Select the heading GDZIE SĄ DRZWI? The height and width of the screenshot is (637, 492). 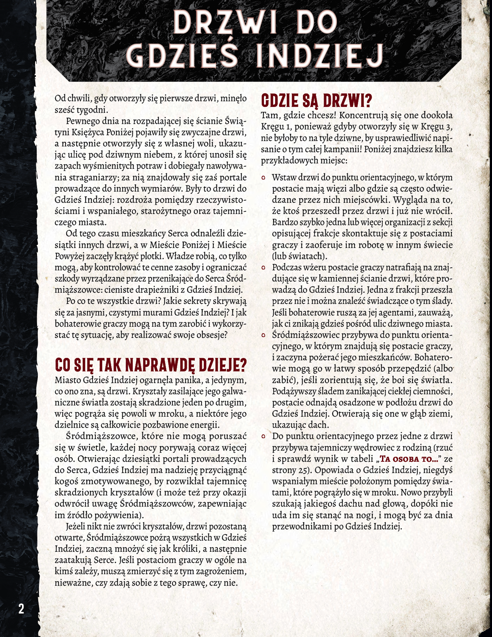click(316, 102)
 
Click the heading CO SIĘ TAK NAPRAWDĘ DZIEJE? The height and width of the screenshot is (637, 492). click(151, 364)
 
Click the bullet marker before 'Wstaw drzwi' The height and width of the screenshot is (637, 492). click(264, 178)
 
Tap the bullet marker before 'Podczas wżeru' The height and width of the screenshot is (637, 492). click(264, 268)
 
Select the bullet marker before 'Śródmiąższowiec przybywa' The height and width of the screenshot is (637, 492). click(264, 335)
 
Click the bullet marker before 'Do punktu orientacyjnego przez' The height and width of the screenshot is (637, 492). click(264, 436)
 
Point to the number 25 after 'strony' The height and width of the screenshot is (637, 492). click(303, 470)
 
